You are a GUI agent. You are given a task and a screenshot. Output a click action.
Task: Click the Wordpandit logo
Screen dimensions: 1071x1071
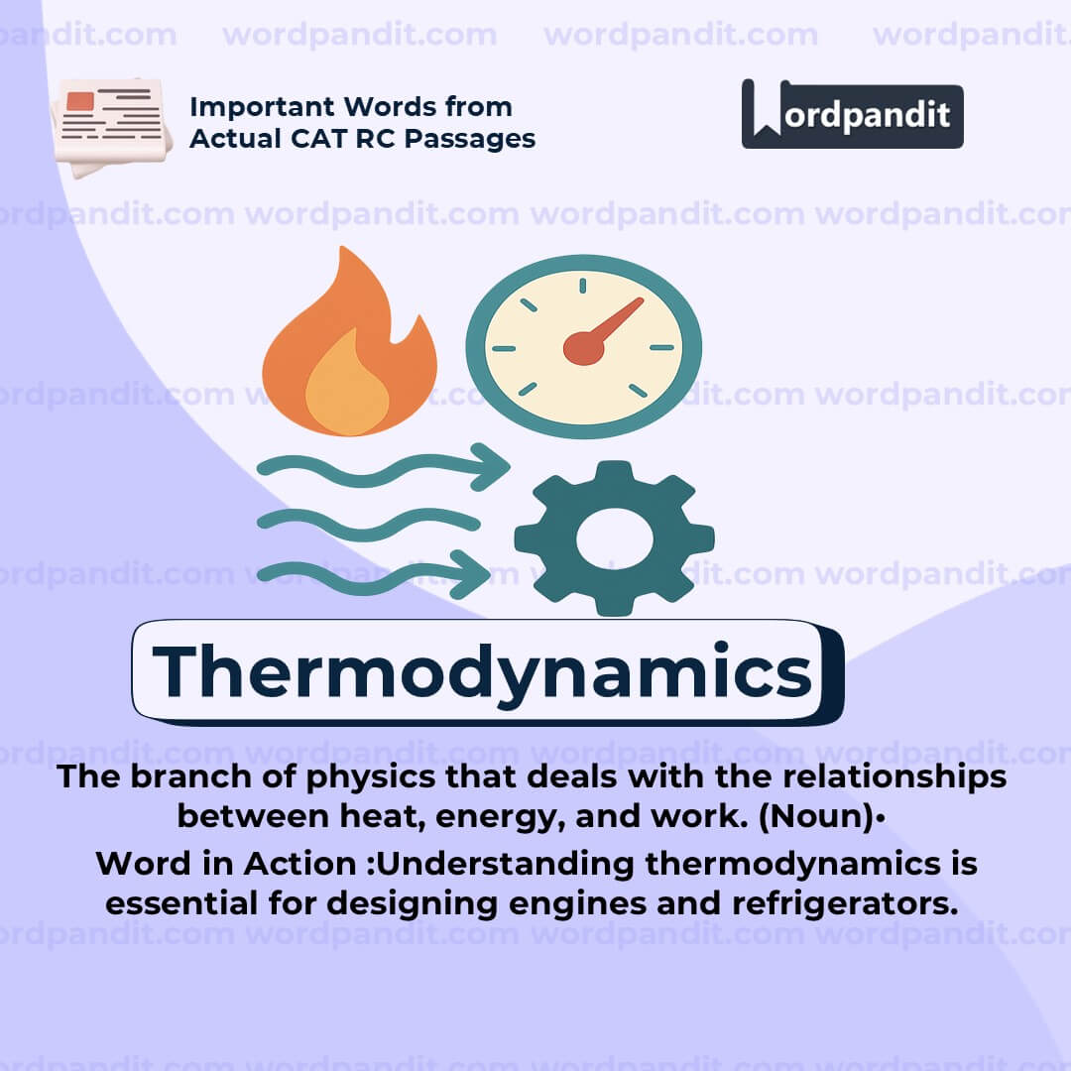(x=852, y=114)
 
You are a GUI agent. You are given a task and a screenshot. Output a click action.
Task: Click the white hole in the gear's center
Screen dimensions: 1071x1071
(x=614, y=538)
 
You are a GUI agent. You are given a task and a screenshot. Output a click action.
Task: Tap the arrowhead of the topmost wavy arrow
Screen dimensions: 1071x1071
(x=490, y=463)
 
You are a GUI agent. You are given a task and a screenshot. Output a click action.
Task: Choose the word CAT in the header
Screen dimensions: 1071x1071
(x=313, y=138)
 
